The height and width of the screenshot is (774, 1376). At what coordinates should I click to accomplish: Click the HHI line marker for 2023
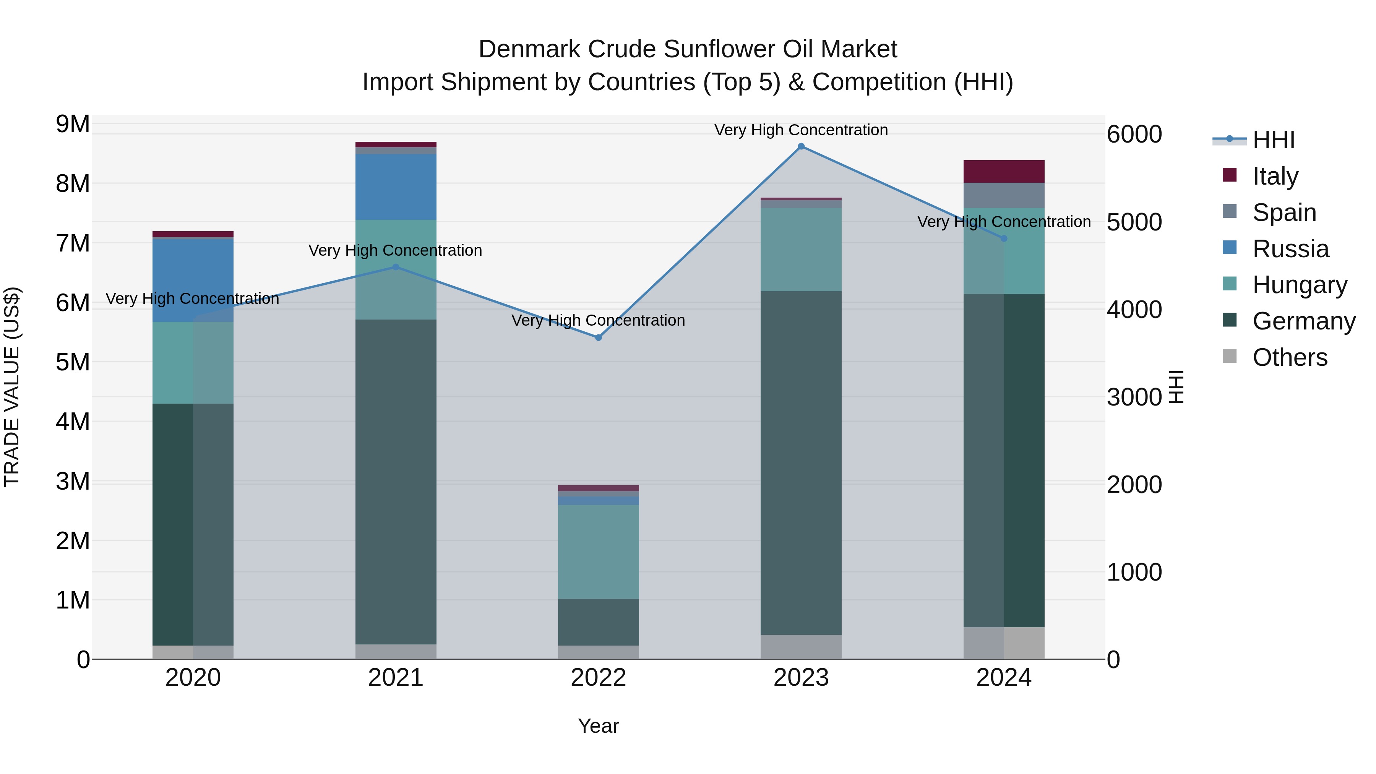[x=801, y=146]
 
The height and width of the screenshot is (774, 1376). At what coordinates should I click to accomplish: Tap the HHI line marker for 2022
[x=598, y=338]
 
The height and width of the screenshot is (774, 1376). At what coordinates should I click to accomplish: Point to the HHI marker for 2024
[x=1004, y=238]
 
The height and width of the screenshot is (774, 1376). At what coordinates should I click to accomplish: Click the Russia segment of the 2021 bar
[x=396, y=187]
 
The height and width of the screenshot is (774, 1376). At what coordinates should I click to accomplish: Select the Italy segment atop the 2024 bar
[x=1004, y=172]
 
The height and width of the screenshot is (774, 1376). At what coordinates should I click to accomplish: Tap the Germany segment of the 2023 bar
[x=801, y=462]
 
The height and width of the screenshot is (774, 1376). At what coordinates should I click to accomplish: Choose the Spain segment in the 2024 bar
[x=1004, y=195]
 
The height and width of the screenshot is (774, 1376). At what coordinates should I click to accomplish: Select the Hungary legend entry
[x=1299, y=285]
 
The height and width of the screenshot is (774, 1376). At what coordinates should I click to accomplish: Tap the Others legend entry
[x=1290, y=357]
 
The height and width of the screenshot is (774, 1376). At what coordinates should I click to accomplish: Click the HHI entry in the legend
[x=1273, y=140]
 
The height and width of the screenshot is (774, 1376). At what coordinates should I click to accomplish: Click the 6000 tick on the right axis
[x=1134, y=134]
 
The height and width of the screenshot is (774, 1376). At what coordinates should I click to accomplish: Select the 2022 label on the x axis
[x=598, y=678]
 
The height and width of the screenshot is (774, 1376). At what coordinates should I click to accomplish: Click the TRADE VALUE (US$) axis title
[x=12, y=386]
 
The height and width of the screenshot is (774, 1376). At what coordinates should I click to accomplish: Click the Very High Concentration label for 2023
[x=801, y=130]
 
